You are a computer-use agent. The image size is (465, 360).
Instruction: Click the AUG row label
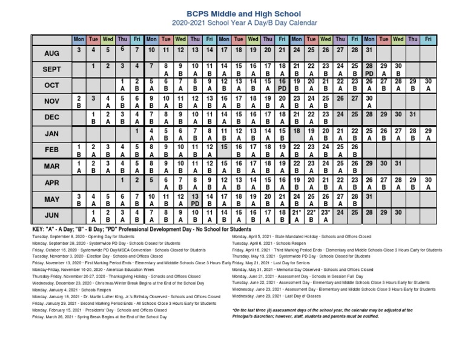click(51, 53)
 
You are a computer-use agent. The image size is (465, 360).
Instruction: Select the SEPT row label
click(51, 70)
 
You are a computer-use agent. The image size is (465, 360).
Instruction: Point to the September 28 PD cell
click(369, 69)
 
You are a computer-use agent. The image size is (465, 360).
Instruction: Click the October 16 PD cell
click(282, 85)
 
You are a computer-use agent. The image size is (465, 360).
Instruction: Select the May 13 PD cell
click(195, 200)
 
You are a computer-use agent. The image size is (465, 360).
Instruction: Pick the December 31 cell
click(412, 114)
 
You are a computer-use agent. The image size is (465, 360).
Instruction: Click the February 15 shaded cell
click(224, 147)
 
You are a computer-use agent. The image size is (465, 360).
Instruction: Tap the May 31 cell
click(369, 196)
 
